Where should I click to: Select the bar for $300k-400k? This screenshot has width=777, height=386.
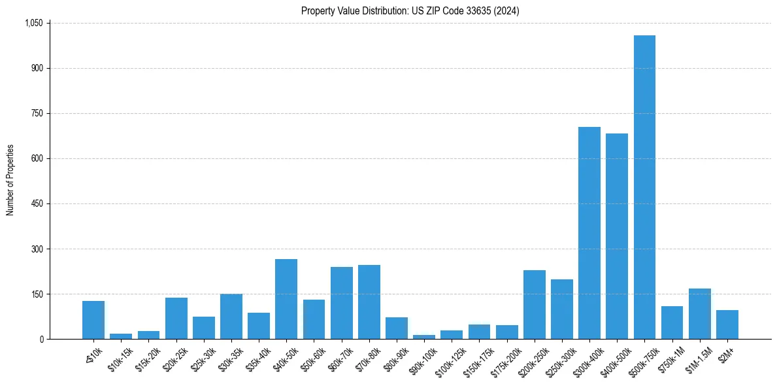coord(589,233)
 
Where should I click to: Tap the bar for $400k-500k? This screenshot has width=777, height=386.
coord(617,236)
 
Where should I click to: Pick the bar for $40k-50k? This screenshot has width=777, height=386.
coord(286,299)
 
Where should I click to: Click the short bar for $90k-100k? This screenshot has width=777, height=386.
coord(424,337)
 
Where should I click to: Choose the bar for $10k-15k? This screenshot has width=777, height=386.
coord(121,336)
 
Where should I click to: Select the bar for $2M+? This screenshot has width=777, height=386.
coord(727,325)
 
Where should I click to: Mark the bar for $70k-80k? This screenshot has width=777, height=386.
coord(369,302)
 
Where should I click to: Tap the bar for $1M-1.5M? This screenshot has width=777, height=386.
coord(700,314)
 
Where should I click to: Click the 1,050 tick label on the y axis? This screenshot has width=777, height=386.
coord(33,23)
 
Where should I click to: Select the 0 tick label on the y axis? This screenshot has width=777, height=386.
coord(41,339)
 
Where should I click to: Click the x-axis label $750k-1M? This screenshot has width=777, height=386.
coord(670,359)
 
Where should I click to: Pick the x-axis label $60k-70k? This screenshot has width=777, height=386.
coord(340,358)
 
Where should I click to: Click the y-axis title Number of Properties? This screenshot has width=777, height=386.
coord(10,181)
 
